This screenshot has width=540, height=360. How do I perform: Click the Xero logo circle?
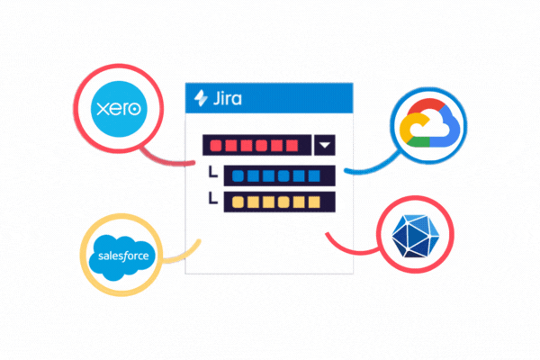tap(119, 110)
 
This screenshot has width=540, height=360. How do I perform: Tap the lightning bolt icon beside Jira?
tap(198, 99)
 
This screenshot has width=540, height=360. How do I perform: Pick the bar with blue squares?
tap(279, 175)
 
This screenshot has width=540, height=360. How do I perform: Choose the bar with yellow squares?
tap(279, 202)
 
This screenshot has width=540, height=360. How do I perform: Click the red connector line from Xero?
tap(171, 160)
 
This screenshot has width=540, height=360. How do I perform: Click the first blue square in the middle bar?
tap(237, 175)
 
